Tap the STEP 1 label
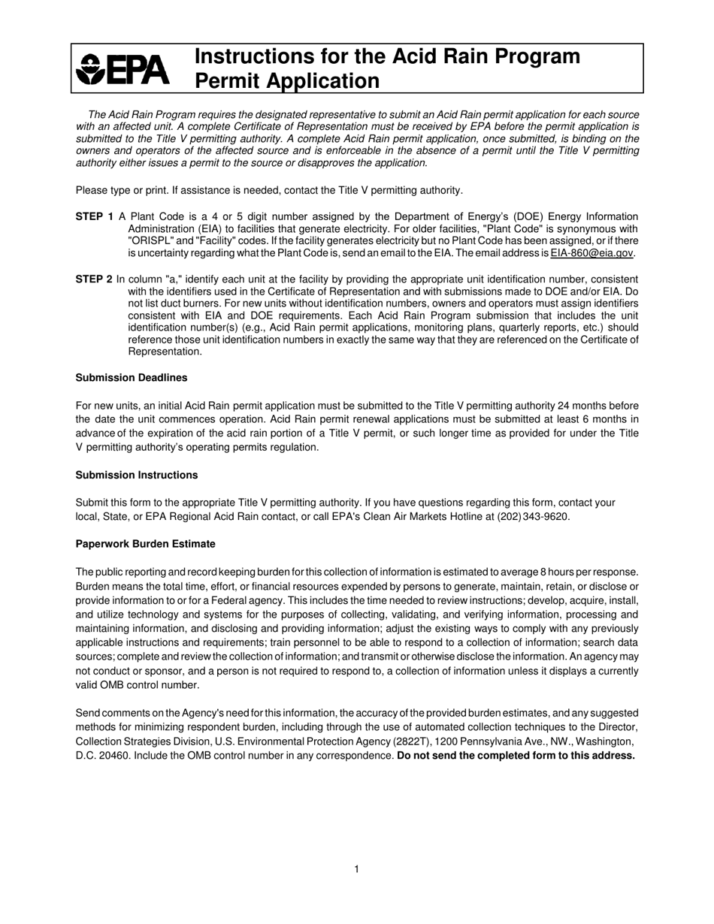click(95, 217)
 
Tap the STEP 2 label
click(95, 279)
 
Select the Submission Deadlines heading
click(132, 378)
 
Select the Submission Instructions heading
click(137, 476)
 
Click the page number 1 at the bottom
click(356, 869)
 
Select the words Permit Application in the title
click(288, 81)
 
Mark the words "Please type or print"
click(125, 190)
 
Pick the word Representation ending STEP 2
click(165, 352)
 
